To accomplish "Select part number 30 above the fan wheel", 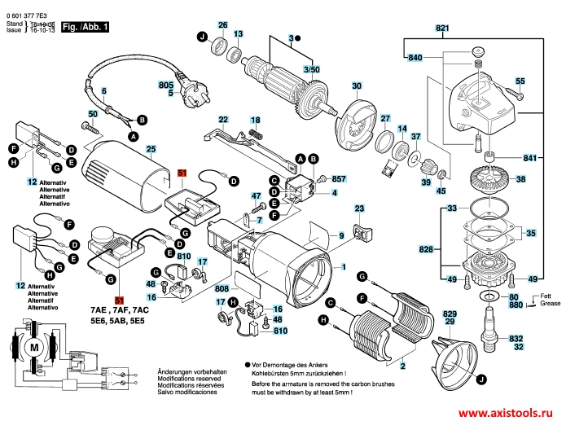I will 356,86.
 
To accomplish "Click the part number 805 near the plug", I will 166,85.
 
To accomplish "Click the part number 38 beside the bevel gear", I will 520,179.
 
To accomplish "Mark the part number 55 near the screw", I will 520,81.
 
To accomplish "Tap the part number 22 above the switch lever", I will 223,120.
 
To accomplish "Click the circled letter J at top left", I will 200,36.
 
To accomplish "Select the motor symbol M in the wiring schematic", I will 33,348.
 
